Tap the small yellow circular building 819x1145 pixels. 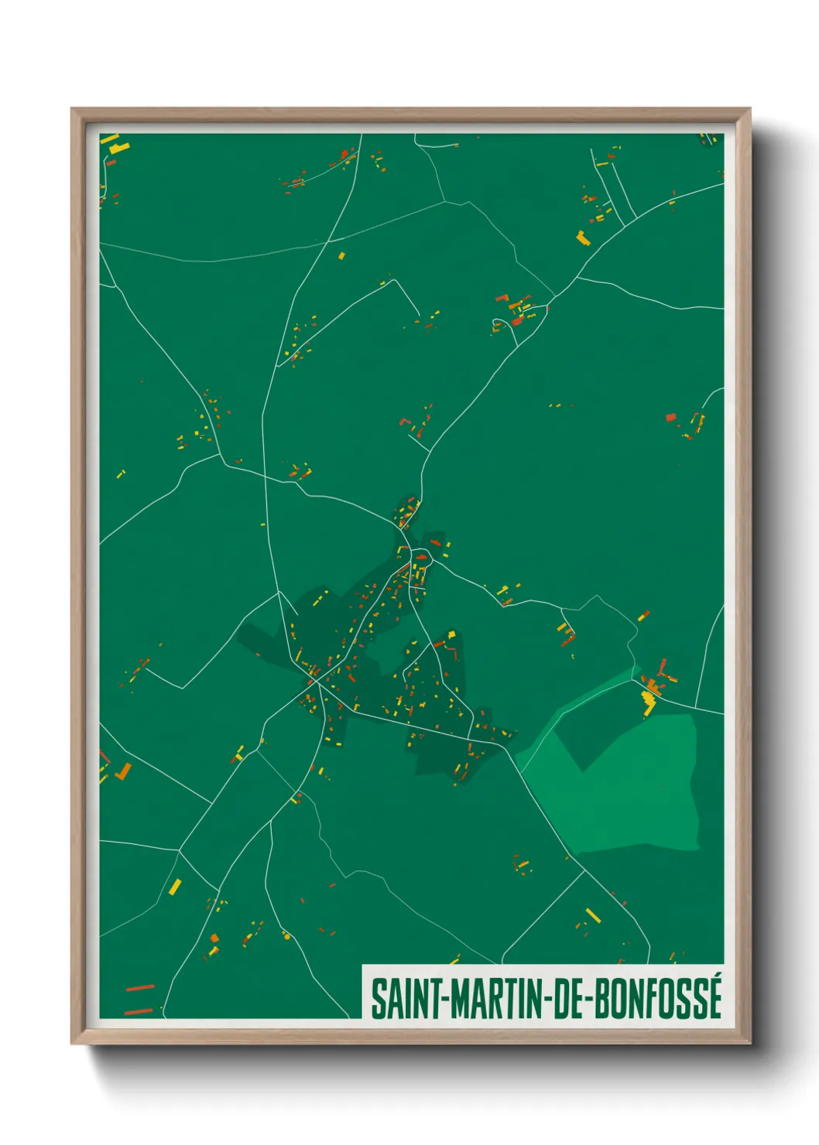pyautogui.click(x=286, y=937)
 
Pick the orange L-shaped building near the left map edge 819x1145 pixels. pyautogui.click(x=123, y=771)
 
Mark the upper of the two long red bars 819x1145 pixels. pyautogui.click(x=139, y=988)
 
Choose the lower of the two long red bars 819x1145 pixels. pyautogui.click(x=139, y=1010)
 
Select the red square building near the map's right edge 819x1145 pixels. pyautogui.click(x=670, y=418)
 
